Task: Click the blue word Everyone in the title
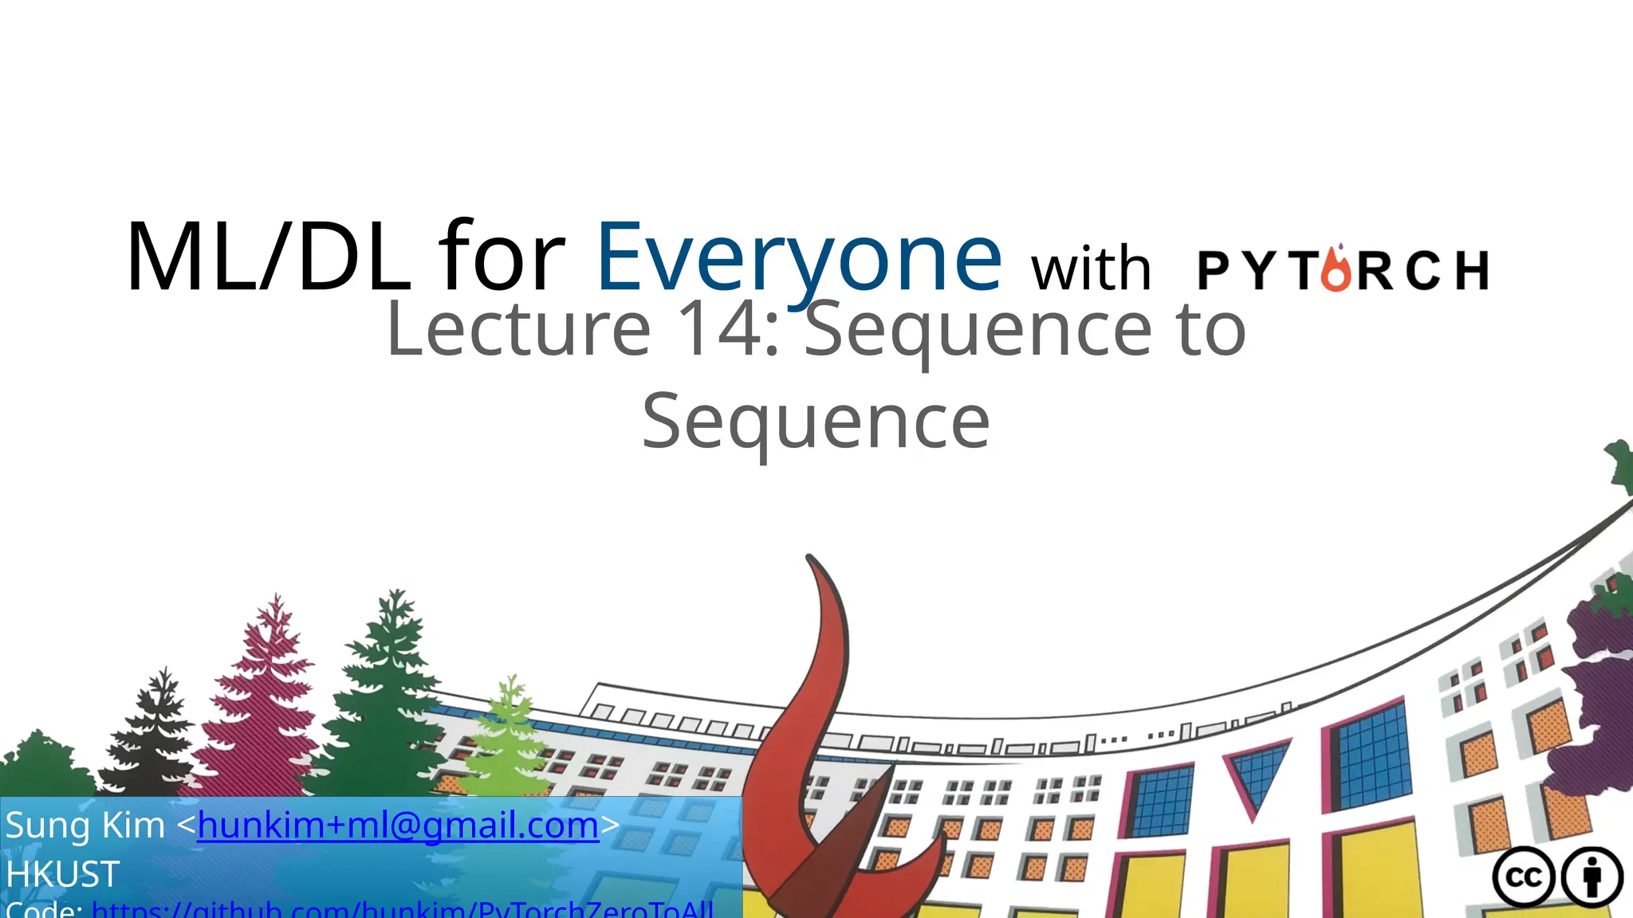pos(798,259)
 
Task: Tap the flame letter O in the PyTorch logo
pos(1336,270)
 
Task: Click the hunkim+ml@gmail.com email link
pos(398,826)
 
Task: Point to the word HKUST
pos(63,874)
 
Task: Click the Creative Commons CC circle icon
pos(1524,877)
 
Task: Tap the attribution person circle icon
pos(1592,877)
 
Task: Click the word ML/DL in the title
pos(267,259)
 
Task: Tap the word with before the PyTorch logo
pos(1091,269)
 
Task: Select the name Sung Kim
pos(85,826)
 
